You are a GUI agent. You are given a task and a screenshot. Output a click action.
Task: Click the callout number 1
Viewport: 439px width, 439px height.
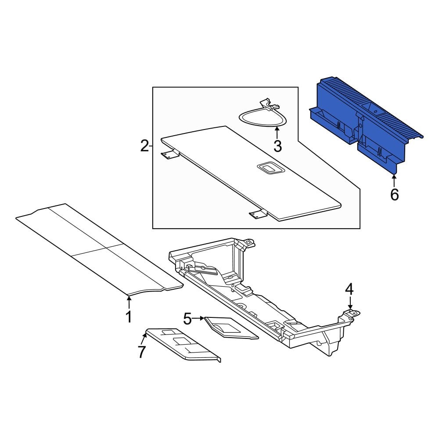129,317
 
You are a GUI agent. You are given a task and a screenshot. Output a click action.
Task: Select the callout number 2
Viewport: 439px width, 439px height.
144,146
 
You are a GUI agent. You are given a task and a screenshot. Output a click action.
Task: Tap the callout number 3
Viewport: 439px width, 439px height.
277,146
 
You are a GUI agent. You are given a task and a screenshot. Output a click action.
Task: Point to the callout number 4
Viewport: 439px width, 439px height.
349,289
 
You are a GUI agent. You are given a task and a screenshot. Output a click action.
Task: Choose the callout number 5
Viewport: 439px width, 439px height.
187,318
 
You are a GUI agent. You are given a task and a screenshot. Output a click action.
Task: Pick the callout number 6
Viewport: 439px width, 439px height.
394,194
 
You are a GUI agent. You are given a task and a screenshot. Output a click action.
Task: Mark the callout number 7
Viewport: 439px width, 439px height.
142,352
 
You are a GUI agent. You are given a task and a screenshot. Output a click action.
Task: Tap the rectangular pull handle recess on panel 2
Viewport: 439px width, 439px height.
270,169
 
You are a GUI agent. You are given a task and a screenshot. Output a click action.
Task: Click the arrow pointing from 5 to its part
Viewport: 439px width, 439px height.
199,318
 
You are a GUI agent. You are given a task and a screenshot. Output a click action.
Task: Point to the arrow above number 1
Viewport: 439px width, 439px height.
129,302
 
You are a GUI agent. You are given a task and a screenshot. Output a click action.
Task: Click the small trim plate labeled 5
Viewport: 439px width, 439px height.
231,328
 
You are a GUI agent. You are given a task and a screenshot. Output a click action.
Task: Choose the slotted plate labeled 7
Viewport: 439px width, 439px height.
184,344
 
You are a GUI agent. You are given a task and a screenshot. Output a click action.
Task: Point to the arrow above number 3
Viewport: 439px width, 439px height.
277,133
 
